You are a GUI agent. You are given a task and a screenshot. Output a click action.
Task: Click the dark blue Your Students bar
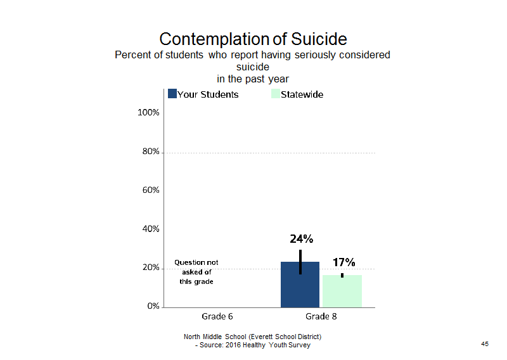point(300,285)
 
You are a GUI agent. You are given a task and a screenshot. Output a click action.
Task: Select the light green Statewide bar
point(342,291)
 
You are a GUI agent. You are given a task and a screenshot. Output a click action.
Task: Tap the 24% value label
point(302,239)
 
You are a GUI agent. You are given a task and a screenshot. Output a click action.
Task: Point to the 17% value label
point(344,262)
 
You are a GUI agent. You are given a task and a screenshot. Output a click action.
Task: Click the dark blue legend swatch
point(172,94)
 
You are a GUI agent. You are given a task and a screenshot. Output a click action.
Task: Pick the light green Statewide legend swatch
point(276,94)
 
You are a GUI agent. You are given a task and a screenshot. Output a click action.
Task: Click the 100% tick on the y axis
point(148,113)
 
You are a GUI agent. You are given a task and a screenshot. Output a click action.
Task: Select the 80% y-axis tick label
point(151,151)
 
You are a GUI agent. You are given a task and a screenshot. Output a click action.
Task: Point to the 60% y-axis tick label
point(151,190)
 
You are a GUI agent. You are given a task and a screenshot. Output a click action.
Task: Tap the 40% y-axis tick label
point(151,229)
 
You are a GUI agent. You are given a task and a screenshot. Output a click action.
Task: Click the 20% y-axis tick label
point(151,267)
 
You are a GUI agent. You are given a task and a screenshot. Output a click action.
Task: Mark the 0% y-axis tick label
point(153,306)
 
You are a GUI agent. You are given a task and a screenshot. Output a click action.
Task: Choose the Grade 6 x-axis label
point(217,316)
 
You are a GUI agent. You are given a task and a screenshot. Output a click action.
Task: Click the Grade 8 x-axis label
point(321,316)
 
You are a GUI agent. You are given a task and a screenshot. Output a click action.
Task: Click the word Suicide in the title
point(319,39)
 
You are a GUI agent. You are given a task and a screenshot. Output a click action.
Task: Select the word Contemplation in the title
point(215,39)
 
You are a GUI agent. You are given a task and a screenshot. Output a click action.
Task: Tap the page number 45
point(485,344)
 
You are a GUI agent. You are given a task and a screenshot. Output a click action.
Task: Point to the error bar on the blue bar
point(300,262)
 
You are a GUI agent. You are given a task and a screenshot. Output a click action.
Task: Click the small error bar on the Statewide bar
point(342,275)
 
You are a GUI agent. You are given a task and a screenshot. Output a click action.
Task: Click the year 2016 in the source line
point(233,345)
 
